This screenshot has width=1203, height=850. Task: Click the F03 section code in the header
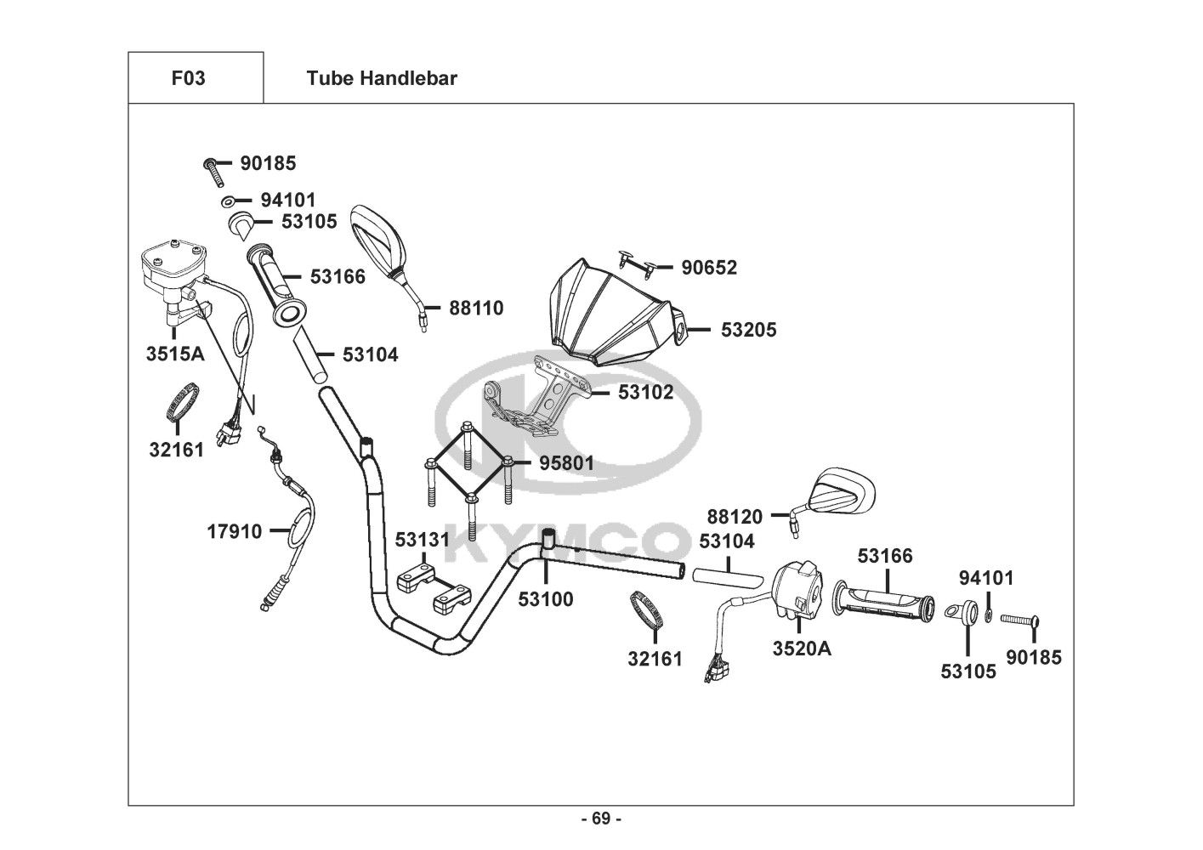188,78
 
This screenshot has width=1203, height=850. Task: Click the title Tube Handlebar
382,78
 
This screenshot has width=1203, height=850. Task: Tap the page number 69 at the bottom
601,819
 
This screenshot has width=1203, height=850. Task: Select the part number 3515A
175,354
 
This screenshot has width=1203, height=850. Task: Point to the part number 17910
235,531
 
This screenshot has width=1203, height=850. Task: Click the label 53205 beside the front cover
748,330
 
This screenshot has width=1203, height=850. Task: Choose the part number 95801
567,463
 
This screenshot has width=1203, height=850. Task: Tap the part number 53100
546,599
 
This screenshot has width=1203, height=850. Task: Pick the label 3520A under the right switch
802,649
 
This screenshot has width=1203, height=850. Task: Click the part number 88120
735,516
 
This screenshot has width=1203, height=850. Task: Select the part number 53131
422,541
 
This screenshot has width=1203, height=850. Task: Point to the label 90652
709,268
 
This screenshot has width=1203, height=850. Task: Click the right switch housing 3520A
799,586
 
